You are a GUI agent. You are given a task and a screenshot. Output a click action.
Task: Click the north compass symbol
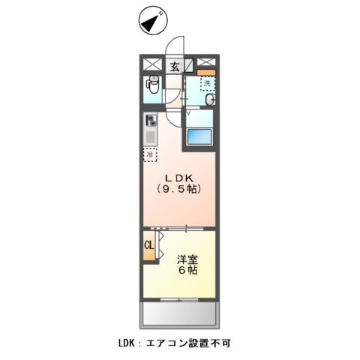pos(153,22)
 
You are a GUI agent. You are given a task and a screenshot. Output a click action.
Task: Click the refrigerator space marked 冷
pos(151,154)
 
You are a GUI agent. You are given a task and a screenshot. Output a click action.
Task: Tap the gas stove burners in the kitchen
pos(150,119)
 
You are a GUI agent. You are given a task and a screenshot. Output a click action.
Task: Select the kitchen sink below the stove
pos(150,136)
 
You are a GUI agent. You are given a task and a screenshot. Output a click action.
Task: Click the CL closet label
pos(148,245)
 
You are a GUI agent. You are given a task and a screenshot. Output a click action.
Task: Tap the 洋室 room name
pos(187,259)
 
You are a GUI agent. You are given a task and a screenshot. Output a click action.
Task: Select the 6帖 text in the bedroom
pos(187,271)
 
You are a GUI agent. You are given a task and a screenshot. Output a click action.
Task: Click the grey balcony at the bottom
pos(178,313)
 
